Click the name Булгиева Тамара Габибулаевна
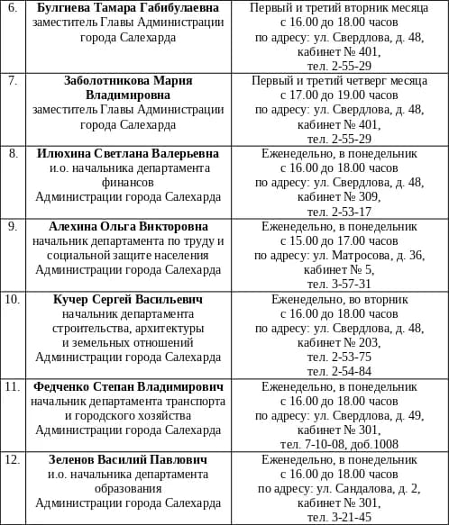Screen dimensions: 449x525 [x=128, y=8]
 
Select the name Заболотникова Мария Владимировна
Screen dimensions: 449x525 [x=128, y=87]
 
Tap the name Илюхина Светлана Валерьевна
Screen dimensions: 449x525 [x=128, y=154]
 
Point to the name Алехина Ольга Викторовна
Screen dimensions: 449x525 [x=128, y=226]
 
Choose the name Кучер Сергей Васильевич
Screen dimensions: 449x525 [x=128, y=299]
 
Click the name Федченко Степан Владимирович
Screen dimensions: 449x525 [x=128, y=386]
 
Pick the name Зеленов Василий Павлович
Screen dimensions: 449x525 [x=128, y=459]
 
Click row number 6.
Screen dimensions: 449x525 [x=13, y=8]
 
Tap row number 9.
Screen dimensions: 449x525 [x=13, y=226]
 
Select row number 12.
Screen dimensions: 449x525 [x=13, y=459]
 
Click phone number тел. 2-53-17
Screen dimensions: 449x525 [x=339, y=212]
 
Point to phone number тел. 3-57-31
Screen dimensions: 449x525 [x=339, y=284]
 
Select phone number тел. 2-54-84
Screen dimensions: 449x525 [x=339, y=371]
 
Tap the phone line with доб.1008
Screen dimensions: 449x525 [x=339, y=444]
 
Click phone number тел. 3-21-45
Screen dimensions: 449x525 [x=339, y=517]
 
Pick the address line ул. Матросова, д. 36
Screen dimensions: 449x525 [x=339, y=255]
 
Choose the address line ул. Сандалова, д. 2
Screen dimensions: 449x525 [x=339, y=488]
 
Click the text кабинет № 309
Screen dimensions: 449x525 [x=339, y=197]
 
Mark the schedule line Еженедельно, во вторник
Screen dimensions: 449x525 [x=339, y=299]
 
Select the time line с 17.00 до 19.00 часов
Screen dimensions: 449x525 [x=339, y=95]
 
